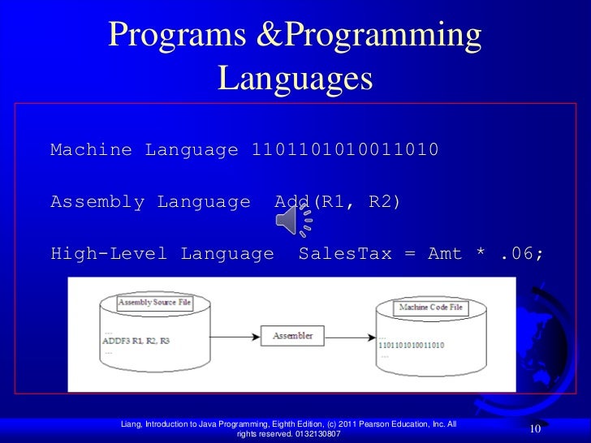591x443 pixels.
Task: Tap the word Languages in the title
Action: point(295,79)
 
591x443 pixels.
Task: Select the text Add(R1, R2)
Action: point(331,202)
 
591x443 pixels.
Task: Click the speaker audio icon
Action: point(295,218)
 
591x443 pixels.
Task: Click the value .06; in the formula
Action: point(522,254)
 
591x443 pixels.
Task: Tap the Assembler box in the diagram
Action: point(291,334)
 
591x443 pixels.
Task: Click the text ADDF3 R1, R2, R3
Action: point(136,340)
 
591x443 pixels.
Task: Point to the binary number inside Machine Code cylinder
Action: point(412,345)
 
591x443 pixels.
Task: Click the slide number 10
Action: point(535,428)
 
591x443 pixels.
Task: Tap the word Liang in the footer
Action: point(130,424)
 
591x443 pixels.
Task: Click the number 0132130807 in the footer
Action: point(313,435)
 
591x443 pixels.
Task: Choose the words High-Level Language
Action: point(162,254)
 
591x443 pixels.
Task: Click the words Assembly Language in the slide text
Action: point(150,202)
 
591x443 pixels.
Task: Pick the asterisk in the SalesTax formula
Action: point(482,254)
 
